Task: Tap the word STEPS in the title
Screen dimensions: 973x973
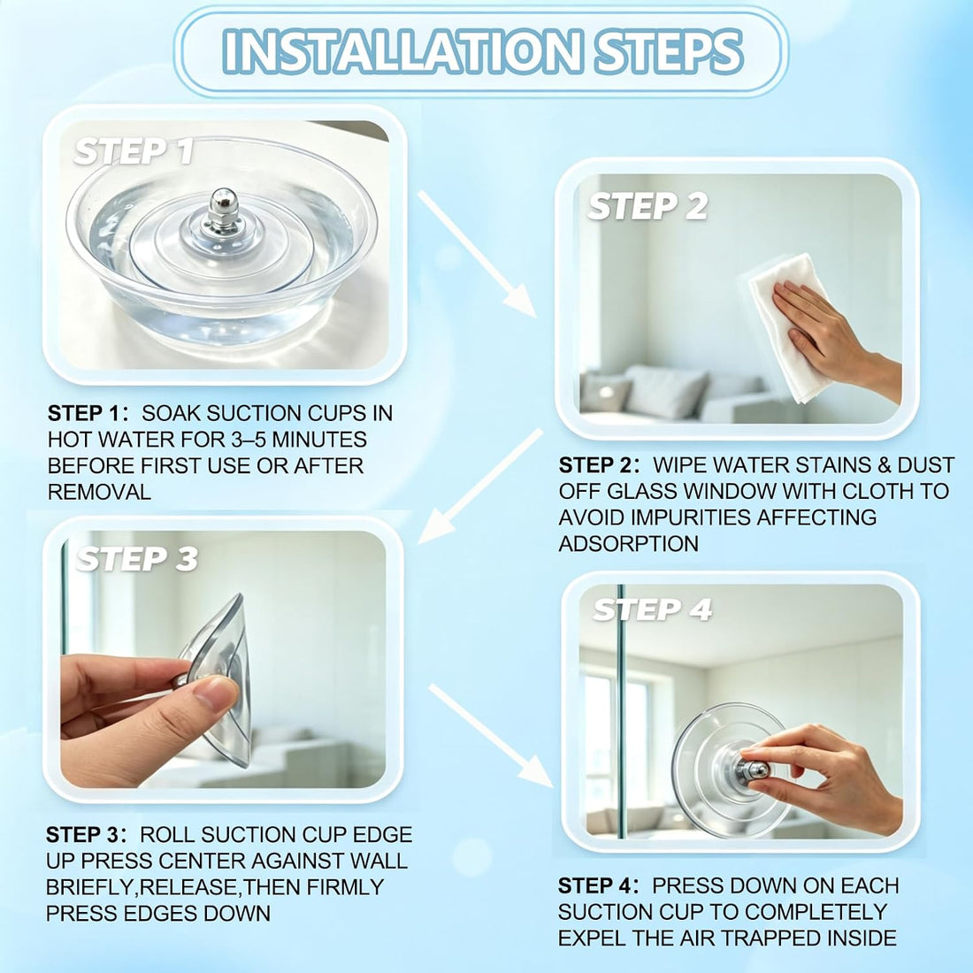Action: pos(669,51)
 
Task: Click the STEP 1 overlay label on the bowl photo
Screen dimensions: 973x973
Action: pos(134,151)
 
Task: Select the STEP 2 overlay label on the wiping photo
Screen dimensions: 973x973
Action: pos(647,206)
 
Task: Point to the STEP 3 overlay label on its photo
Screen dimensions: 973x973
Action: pos(136,558)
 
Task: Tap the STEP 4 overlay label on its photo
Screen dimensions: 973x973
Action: pos(652,609)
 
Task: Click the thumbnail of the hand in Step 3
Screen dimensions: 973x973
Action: pos(215,693)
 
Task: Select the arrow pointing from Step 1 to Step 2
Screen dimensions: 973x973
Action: pos(477,253)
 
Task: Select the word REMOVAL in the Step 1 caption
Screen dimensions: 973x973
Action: pos(99,492)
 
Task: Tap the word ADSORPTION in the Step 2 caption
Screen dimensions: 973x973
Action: pos(629,544)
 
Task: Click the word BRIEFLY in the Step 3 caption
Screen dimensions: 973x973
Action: pos(90,887)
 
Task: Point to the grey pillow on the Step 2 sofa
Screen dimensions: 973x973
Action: pos(665,392)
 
